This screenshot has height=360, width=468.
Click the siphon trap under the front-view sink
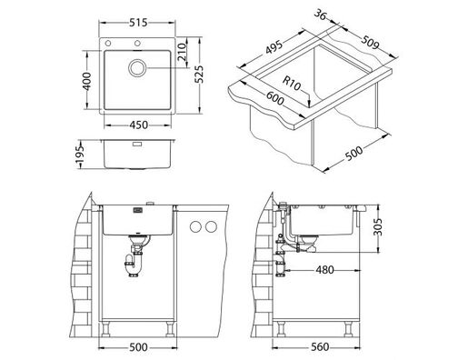pyautogui.click(x=135, y=260)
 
